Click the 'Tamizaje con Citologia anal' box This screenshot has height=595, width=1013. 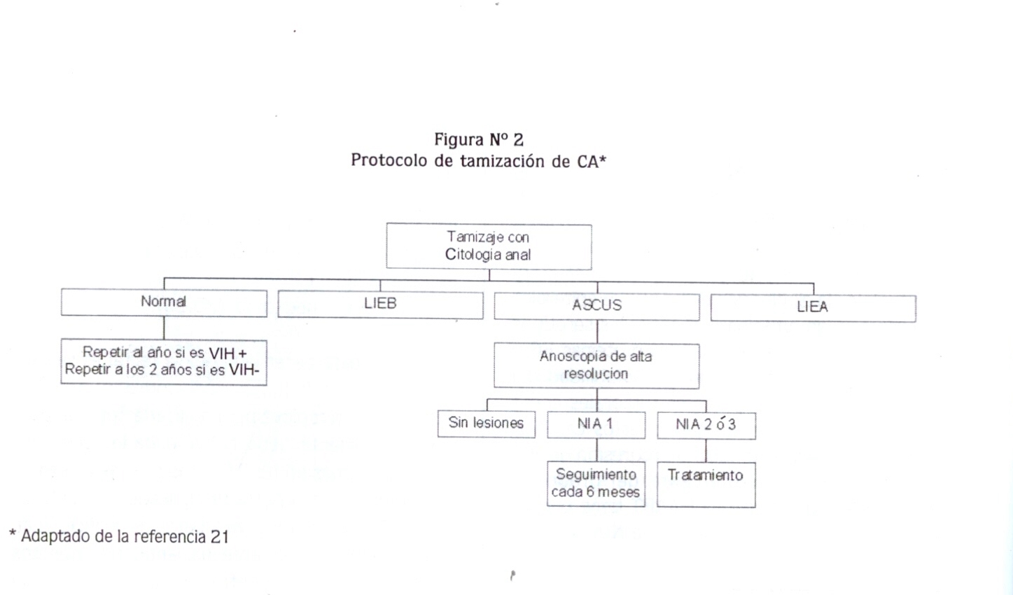(489, 246)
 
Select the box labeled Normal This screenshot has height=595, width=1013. (164, 302)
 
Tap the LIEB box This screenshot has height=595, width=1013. (380, 304)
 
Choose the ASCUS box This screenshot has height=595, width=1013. (596, 307)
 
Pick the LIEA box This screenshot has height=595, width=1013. (813, 308)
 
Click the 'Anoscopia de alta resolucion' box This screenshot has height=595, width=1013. (596, 365)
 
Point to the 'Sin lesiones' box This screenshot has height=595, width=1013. (487, 423)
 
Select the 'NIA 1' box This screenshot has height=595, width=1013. (596, 425)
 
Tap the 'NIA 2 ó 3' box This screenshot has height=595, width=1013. (706, 426)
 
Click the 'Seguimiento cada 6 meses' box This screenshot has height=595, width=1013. (596, 484)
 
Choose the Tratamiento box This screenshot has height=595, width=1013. (706, 484)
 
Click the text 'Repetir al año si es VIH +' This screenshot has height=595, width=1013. (165, 353)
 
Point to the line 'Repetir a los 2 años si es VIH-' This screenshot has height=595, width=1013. (162, 370)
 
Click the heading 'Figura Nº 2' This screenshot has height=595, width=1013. (479, 140)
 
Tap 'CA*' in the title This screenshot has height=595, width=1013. (592, 161)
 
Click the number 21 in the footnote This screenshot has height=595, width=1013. (220, 537)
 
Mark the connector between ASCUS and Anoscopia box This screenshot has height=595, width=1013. (597, 332)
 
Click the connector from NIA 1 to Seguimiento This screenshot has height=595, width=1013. (596, 450)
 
